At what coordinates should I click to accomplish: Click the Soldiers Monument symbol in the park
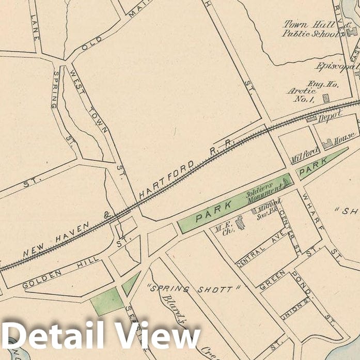coord(285,181)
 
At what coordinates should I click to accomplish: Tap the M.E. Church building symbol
coord(240,224)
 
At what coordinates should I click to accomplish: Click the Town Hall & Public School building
coord(353,33)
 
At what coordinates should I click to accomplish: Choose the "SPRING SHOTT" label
coord(190,289)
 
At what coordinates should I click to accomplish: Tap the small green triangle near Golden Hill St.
coord(130,284)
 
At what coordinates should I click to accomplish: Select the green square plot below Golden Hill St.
coord(107,302)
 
